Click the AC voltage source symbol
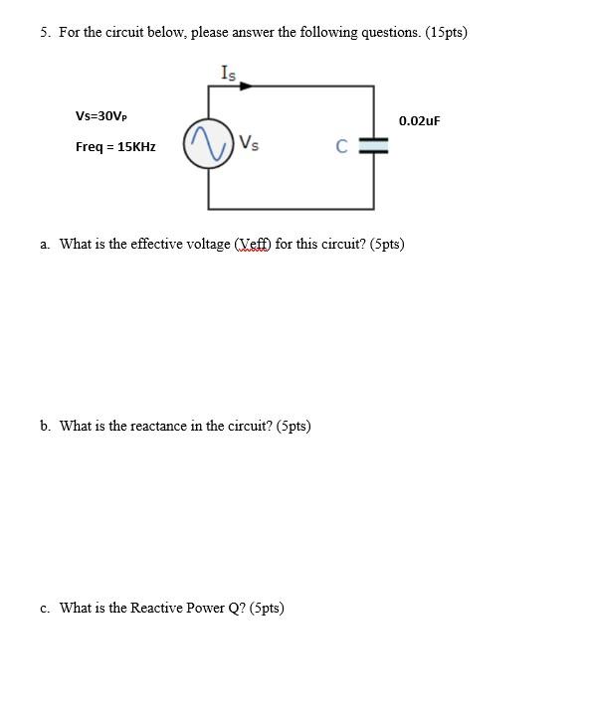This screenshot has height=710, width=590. coord(207,145)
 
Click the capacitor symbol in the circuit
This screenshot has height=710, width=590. coord(374,146)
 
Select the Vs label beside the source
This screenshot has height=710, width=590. coord(249,143)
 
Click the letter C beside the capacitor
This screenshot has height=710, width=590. coord(341,147)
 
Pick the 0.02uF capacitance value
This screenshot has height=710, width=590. coord(419,121)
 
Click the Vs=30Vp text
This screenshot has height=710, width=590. coord(101,116)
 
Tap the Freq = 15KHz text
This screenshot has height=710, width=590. coord(115,147)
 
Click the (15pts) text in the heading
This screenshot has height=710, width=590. coord(446,32)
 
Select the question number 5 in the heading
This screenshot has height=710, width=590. coord(45,32)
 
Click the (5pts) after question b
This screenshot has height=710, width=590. coord(294,426)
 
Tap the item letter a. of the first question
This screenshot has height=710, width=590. coord(46,244)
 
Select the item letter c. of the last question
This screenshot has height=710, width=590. coord(46,608)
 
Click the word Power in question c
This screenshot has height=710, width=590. coord(208,608)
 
